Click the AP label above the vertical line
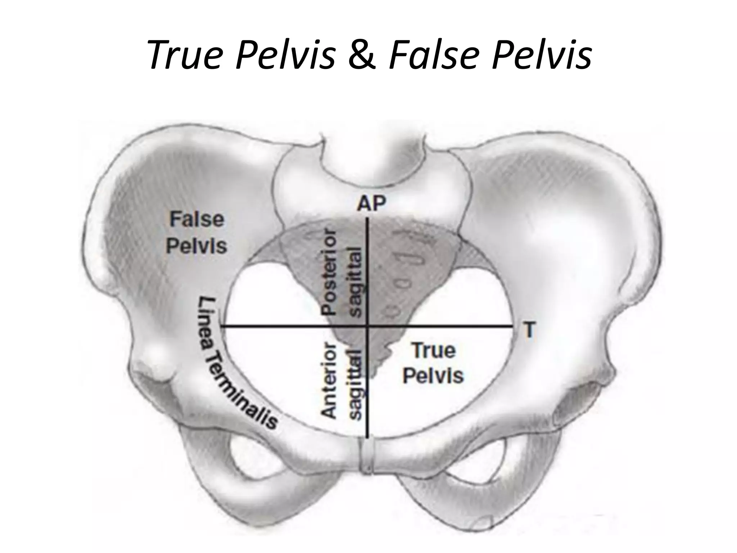click(x=371, y=204)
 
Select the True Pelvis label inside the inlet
click(x=433, y=363)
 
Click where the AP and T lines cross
click(x=367, y=327)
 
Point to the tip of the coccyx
click(x=374, y=377)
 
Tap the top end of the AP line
click(x=367, y=219)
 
